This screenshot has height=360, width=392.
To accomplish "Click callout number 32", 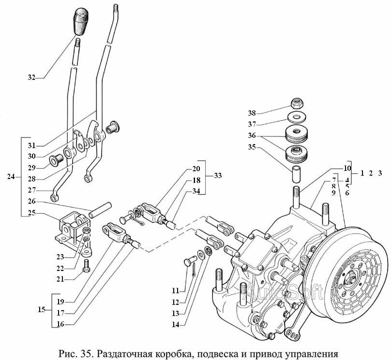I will pyautogui.click(x=31, y=77).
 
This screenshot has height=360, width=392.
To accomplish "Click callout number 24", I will pyautogui.click(x=11, y=177).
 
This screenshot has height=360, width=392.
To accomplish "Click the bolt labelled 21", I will pyautogui.click(x=87, y=266).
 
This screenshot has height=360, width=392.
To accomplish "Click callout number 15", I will pyautogui.click(x=43, y=309).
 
